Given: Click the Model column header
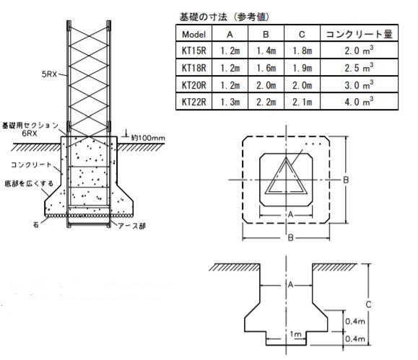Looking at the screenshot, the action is [193, 35].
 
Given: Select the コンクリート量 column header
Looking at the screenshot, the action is [359, 34].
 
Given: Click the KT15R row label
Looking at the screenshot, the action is [193, 51].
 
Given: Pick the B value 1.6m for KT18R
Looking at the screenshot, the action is [266, 68].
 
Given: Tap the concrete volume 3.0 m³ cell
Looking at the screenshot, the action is [359, 84].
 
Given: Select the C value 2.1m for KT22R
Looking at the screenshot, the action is [302, 102].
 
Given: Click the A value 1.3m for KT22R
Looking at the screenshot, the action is [230, 102].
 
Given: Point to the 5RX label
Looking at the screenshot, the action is [49, 74].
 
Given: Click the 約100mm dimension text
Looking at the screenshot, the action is [148, 138].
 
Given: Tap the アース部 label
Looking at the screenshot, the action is [131, 227].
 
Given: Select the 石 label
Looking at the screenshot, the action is [36, 224].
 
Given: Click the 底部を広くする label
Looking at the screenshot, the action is [29, 183].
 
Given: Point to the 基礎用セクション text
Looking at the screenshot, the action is [30, 126].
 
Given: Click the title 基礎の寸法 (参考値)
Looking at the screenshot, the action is [225, 17].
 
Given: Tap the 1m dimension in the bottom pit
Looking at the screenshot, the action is [295, 335].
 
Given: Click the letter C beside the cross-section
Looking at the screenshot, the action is [368, 304].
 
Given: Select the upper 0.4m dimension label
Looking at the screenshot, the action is [354, 321].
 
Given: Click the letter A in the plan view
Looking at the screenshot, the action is [290, 214].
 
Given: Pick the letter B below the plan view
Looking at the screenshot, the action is [290, 237].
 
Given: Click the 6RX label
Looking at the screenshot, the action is [30, 133].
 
